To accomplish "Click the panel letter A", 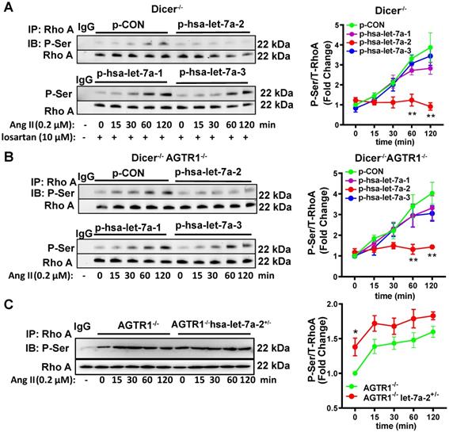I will tap(7, 7).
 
